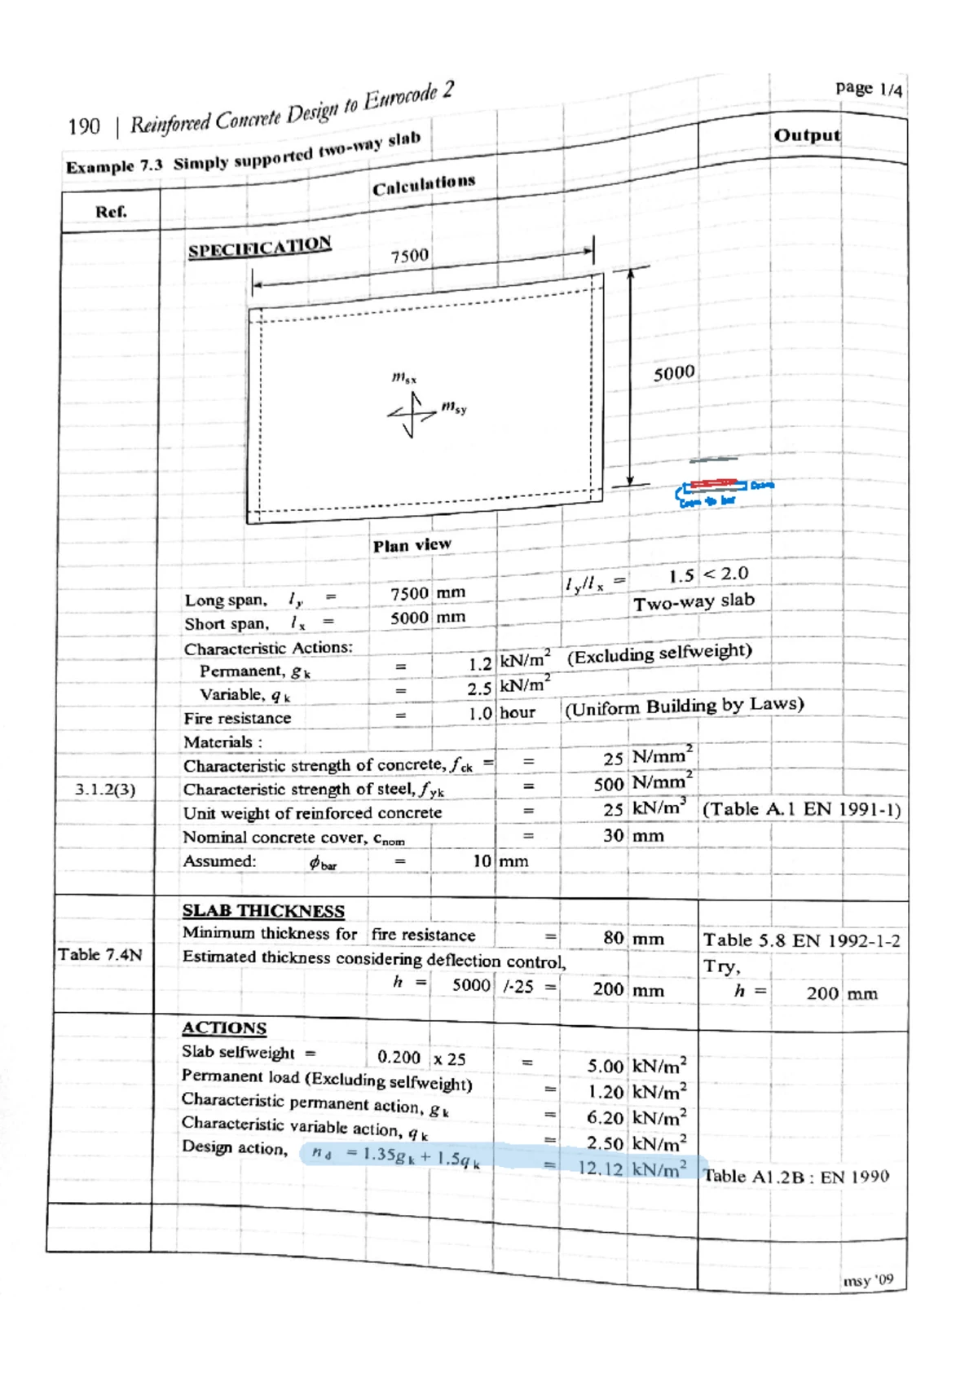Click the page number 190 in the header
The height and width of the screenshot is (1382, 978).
point(84,127)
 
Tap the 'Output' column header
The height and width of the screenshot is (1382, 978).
point(806,135)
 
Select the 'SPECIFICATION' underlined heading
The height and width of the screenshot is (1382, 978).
point(259,247)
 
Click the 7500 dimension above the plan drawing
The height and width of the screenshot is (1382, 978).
point(409,256)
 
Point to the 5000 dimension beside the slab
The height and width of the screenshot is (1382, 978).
point(674,373)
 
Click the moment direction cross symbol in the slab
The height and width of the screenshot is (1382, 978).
point(412,414)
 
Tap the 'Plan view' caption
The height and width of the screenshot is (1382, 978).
point(412,545)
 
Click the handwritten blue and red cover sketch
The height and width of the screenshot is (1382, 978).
point(722,491)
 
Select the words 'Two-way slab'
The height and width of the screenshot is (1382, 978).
point(694,602)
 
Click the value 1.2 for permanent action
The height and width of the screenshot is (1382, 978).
point(480,664)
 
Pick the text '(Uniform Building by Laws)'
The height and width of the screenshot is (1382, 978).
point(684,706)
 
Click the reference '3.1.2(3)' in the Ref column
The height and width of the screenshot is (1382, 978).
point(105,790)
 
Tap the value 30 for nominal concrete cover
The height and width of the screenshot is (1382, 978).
point(613,835)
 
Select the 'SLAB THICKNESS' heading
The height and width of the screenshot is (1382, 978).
point(263,911)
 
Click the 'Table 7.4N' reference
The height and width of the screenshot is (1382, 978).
point(99,954)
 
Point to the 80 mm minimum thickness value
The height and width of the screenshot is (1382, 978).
point(613,938)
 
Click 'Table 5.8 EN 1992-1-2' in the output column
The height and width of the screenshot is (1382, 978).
point(801,940)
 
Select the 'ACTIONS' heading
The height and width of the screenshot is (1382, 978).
point(224,1028)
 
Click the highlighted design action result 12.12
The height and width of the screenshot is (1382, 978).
point(600,1169)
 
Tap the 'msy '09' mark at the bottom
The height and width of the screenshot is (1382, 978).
point(868,1280)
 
